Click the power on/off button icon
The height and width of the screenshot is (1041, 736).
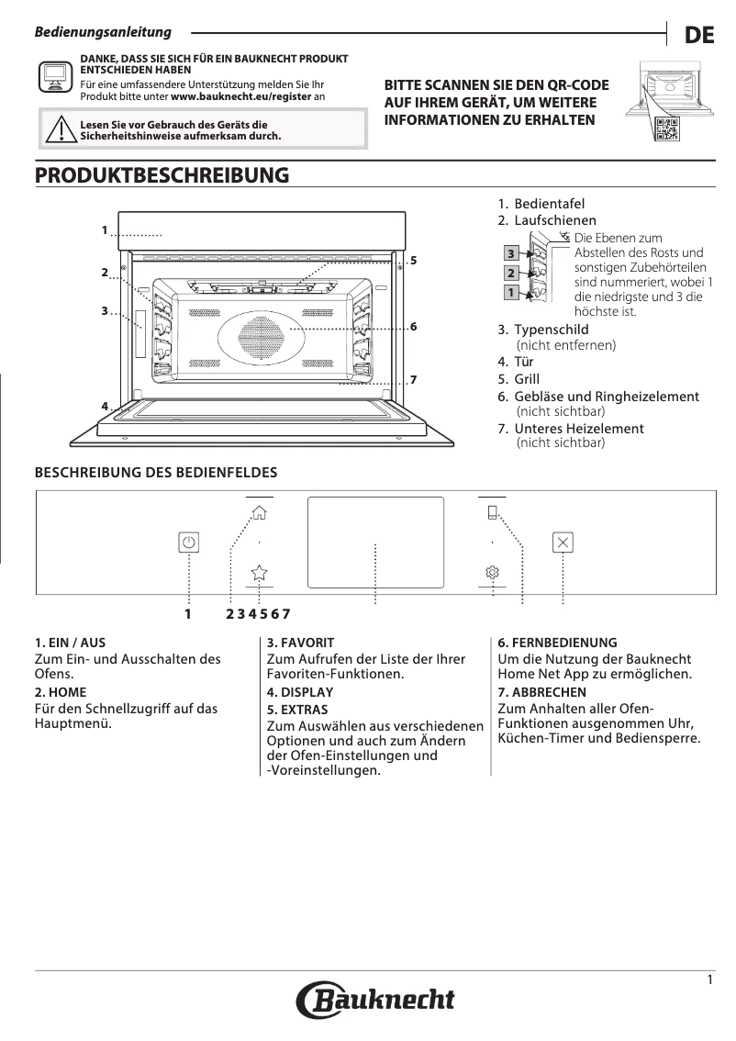[188, 542]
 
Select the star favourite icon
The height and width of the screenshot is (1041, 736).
[260, 572]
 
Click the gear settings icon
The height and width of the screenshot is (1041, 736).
[493, 572]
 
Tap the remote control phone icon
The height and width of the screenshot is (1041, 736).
[493, 513]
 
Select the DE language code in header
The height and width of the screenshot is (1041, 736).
[698, 35]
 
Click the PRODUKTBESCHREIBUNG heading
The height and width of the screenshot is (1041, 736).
[162, 174]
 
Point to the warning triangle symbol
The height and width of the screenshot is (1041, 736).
[61, 130]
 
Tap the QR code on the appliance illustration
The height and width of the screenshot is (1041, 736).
[667, 130]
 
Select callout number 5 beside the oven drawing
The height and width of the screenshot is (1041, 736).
[414, 260]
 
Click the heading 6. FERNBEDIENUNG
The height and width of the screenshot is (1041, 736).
[557, 643]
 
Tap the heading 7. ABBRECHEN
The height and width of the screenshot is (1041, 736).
[541, 692]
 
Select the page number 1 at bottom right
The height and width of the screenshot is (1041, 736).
[709, 980]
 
